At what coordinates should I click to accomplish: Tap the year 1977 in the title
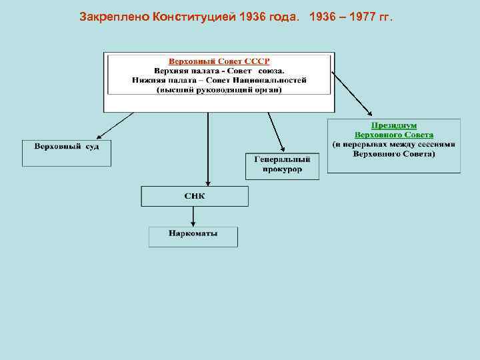click(x=364, y=15)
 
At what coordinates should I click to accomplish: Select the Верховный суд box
click(x=67, y=153)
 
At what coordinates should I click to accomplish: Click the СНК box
click(x=195, y=196)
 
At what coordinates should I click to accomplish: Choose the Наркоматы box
click(x=193, y=237)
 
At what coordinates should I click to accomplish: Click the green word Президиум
click(x=393, y=125)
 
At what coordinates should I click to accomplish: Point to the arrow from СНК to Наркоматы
click(x=193, y=216)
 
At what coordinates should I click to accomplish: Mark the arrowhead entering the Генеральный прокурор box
click(x=283, y=150)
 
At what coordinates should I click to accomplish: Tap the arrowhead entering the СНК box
click(x=208, y=183)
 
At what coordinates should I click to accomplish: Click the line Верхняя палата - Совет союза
click(x=219, y=70)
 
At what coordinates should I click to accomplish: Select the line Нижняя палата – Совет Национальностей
click(x=219, y=80)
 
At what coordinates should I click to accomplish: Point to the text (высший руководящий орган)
click(x=219, y=90)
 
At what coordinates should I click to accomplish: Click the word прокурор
click(x=283, y=169)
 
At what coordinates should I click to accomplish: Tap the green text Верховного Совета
click(x=393, y=135)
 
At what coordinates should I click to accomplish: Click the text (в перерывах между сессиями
click(x=393, y=144)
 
